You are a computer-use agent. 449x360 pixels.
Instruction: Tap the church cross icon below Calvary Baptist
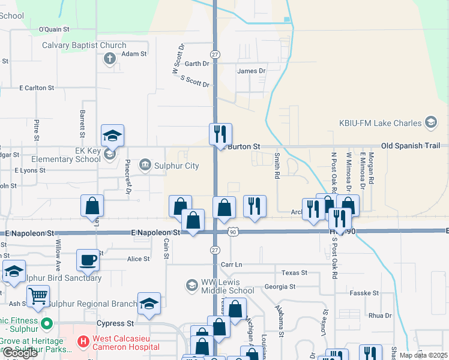[x=109, y=58]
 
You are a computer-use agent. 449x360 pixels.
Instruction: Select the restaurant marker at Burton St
[x=220, y=133]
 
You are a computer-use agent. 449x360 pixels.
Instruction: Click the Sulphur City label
[x=176, y=166]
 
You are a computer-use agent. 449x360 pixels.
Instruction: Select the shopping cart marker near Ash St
[x=38, y=295]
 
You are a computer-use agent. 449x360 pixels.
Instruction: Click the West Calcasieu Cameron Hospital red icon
[x=83, y=342]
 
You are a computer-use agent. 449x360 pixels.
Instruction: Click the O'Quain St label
[x=54, y=29]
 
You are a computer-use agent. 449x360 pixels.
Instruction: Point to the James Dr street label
[x=252, y=71]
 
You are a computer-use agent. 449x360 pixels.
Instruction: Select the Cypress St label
[x=114, y=323]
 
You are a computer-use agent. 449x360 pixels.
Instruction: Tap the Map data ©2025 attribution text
[x=423, y=355]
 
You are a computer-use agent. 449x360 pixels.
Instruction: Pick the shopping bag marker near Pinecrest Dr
[x=92, y=205]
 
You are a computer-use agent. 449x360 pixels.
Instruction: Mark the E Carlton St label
[x=37, y=88]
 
